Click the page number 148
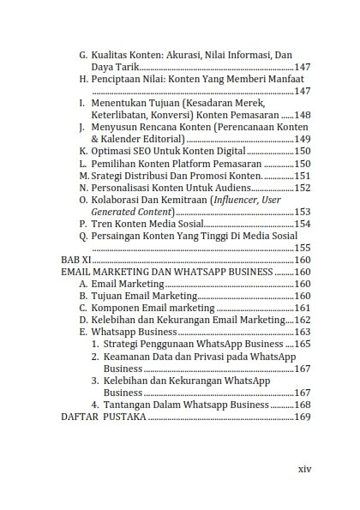click(302, 115)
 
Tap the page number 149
click(302, 139)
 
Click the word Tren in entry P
click(102, 224)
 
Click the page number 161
click(302, 308)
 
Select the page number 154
click(302, 224)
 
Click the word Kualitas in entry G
click(111, 54)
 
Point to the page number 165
click(302, 344)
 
